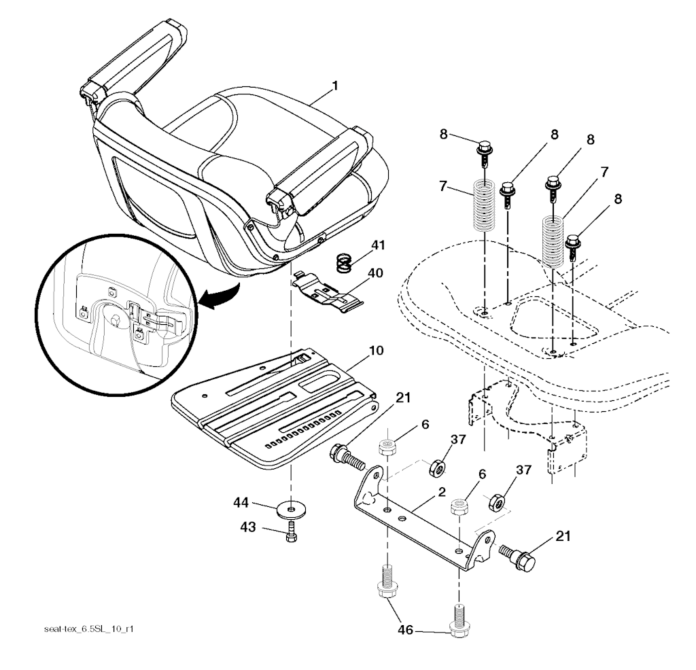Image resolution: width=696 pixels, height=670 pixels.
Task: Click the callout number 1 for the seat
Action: (x=336, y=85)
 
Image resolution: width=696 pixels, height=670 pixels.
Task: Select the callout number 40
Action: (x=375, y=273)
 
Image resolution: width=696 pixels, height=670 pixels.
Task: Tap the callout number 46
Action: (x=405, y=629)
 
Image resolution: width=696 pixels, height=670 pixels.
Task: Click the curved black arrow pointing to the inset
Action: (x=220, y=297)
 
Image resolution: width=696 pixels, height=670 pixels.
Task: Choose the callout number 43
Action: (x=247, y=527)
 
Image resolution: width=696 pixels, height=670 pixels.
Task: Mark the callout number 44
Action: (x=241, y=503)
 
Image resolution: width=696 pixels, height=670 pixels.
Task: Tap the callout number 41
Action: (x=378, y=245)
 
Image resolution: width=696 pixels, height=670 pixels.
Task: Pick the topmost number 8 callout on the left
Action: (x=443, y=134)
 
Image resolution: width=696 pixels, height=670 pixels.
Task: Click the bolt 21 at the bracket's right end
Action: (x=518, y=557)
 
